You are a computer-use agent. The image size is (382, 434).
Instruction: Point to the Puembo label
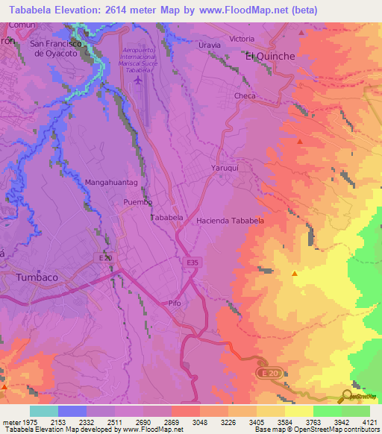[138, 202]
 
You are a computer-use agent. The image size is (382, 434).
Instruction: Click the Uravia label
[210, 45]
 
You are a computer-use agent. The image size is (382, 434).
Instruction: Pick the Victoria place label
[242, 38]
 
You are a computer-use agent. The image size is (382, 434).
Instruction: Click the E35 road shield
[192, 262]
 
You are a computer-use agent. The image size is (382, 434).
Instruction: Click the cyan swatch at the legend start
[43, 411]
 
